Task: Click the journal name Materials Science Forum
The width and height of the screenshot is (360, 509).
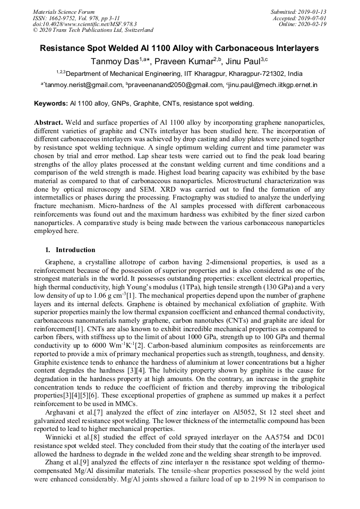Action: point(64,11)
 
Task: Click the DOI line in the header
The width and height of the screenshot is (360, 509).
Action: point(84,24)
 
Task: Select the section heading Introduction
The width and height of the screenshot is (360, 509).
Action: point(75,250)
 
